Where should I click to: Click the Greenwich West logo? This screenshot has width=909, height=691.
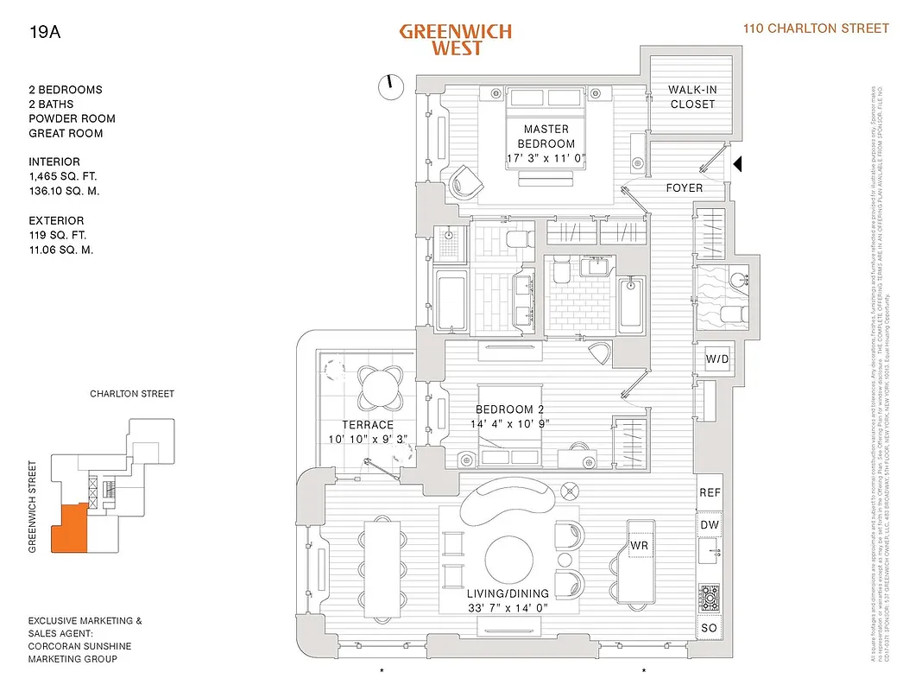point(455,40)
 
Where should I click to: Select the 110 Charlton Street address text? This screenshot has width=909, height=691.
point(816,29)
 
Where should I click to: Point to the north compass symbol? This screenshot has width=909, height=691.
point(390,86)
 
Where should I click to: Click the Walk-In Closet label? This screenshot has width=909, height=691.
point(693,97)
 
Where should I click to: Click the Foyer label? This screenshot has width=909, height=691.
point(684,187)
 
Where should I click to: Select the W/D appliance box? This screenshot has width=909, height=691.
point(716,358)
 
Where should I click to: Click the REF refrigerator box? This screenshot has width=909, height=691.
point(710,492)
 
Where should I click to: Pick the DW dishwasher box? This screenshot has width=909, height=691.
point(710,525)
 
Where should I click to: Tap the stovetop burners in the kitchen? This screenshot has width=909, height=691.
point(710,596)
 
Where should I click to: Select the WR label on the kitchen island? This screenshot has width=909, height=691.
point(639,547)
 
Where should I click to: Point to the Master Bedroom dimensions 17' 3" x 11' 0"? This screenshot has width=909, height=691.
point(546,158)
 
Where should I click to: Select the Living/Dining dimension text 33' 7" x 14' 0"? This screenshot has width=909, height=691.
point(508,608)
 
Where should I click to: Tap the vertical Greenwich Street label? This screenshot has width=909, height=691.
point(33,505)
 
